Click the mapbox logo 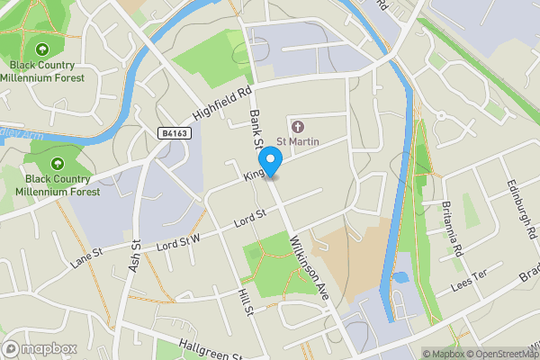(40, 348)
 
